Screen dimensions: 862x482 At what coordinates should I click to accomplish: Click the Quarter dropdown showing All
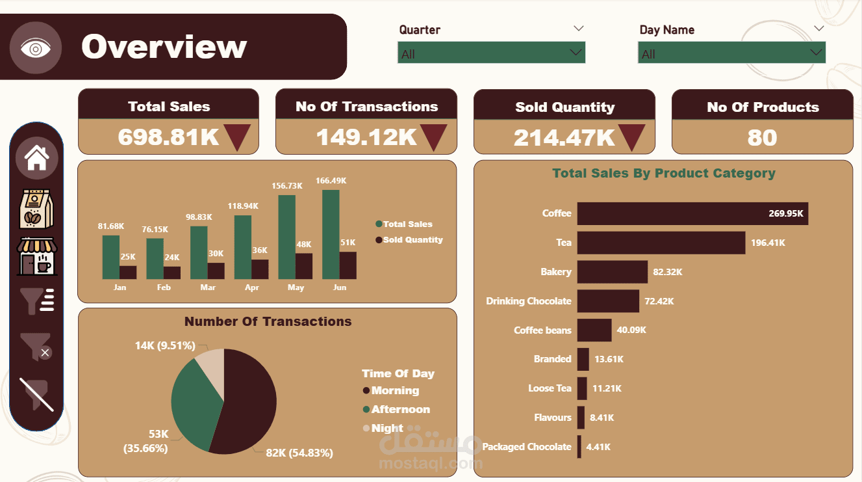(x=492, y=53)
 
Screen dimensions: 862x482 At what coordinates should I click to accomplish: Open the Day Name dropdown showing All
(x=731, y=53)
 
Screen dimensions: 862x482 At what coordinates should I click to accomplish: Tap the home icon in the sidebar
(x=37, y=157)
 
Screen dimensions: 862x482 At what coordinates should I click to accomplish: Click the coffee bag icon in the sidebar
(x=36, y=209)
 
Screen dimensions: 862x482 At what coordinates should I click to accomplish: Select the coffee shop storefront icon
(x=37, y=256)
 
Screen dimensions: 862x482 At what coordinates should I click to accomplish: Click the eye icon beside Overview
(x=36, y=48)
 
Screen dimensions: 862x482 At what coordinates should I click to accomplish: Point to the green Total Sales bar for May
(x=286, y=237)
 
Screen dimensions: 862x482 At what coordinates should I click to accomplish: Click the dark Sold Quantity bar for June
(x=348, y=265)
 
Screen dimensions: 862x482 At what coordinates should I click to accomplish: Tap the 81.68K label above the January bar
(x=111, y=226)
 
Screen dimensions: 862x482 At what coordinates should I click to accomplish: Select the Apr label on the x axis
(x=251, y=288)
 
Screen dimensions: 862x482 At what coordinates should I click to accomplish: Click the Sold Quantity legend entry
(x=409, y=239)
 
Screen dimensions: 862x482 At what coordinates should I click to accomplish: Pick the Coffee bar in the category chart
(x=692, y=213)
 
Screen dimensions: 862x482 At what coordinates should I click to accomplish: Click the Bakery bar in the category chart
(x=613, y=272)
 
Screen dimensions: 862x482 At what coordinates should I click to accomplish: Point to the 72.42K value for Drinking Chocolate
(x=659, y=301)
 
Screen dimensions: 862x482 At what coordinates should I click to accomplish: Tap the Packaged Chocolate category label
(x=526, y=447)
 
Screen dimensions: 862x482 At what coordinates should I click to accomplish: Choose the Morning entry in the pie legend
(x=391, y=391)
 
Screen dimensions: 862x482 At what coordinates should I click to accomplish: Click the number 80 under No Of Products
(x=763, y=137)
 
